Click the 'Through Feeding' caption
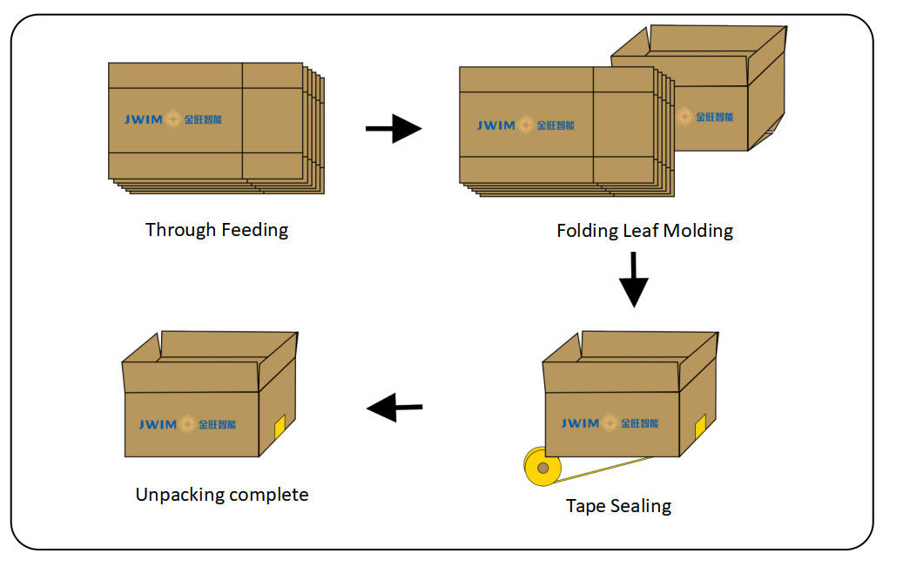(x=217, y=230)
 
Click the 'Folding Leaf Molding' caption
(x=644, y=231)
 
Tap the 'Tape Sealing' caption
(x=618, y=505)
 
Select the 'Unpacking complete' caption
(x=222, y=495)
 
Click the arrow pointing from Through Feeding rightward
(x=394, y=129)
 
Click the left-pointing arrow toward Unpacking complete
(x=394, y=406)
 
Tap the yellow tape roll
(x=542, y=469)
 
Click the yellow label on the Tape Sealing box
(x=699, y=426)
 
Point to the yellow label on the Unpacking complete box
(x=280, y=427)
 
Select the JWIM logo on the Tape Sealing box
(x=610, y=423)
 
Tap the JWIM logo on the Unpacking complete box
(x=187, y=424)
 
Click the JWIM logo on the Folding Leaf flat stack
(x=525, y=125)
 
